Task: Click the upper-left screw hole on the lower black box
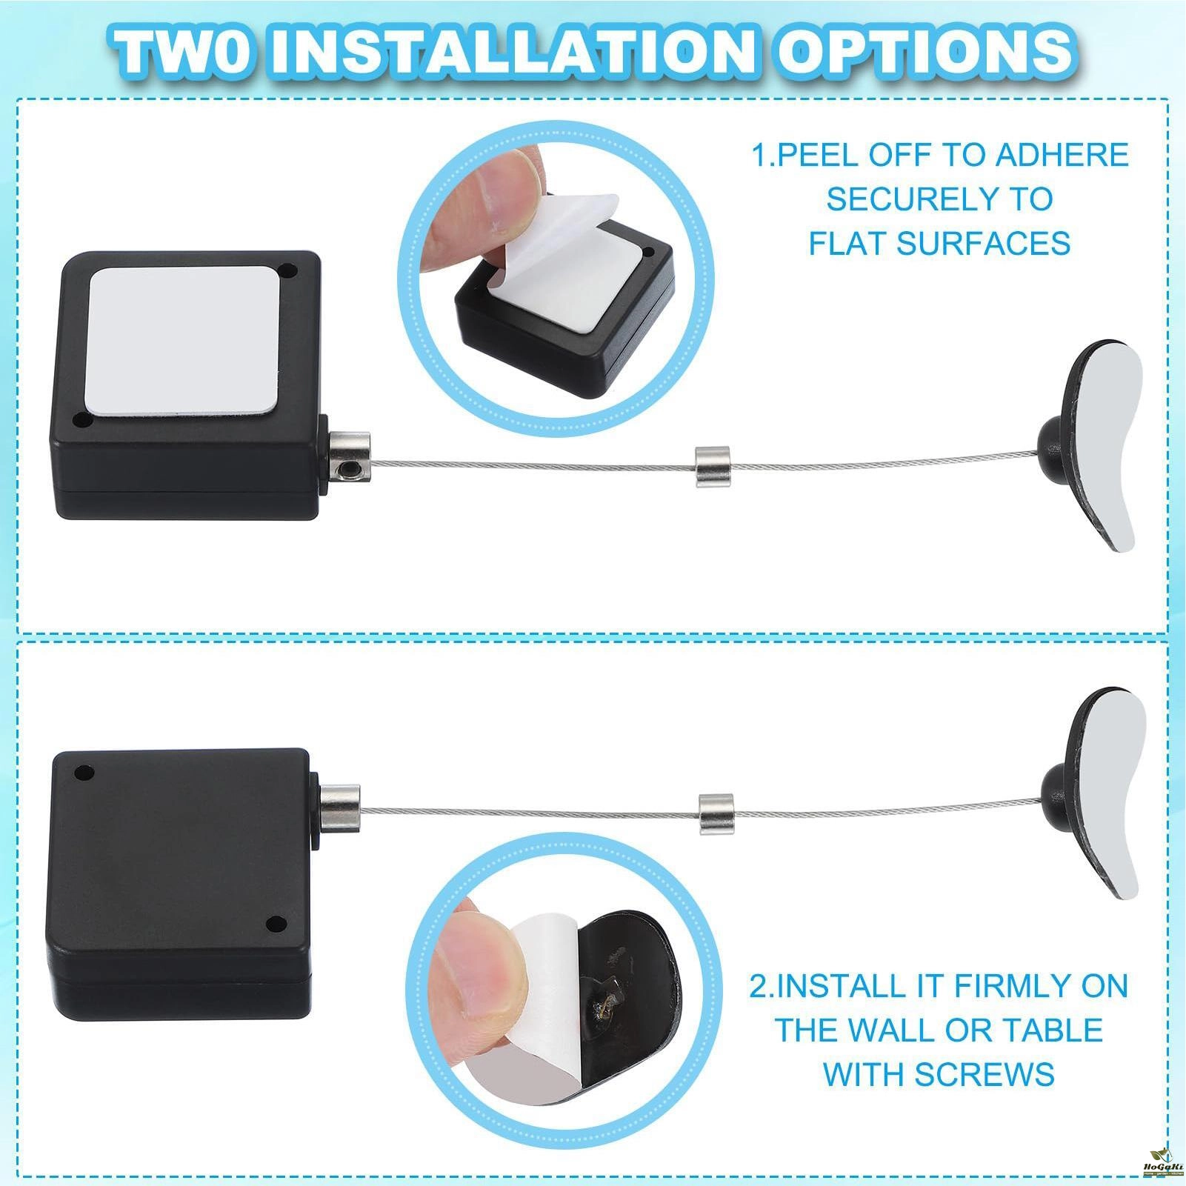(84, 775)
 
